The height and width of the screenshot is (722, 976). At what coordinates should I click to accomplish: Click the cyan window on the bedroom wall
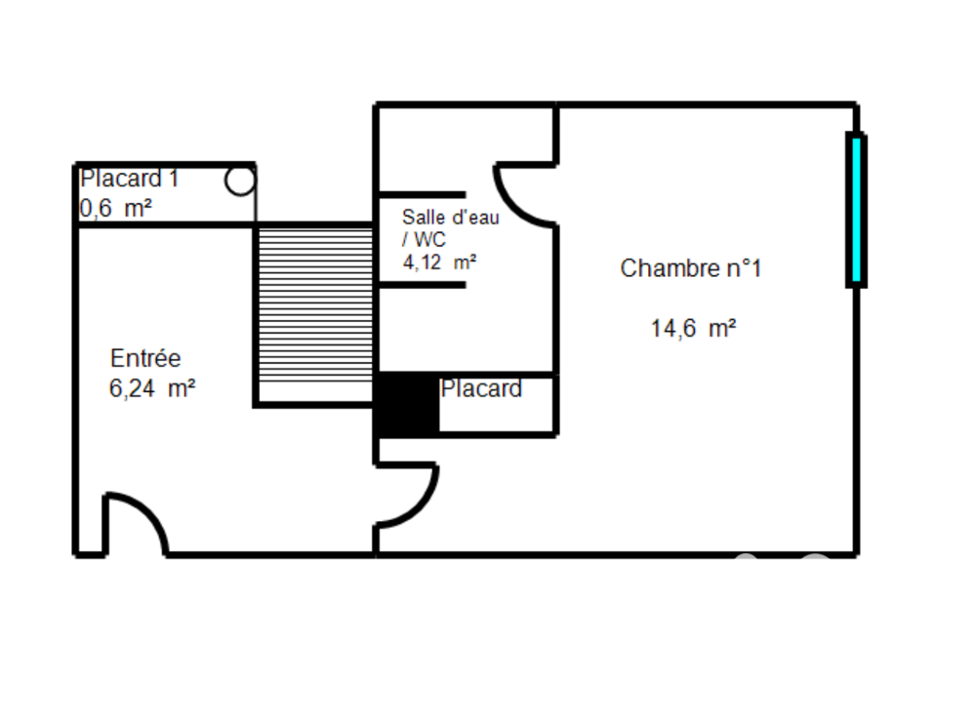click(x=856, y=210)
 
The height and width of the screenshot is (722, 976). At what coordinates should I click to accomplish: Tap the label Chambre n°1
click(x=690, y=268)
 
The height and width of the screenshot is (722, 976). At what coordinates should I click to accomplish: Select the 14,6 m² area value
click(x=693, y=329)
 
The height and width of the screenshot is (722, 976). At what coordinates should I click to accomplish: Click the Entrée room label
click(x=145, y=358)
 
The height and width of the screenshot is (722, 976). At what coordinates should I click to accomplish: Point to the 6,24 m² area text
click(x=152, y=388)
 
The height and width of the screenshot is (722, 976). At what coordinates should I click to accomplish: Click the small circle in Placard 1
click(x=239, y=180)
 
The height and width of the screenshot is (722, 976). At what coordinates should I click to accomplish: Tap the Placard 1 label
click(x=130, y=180)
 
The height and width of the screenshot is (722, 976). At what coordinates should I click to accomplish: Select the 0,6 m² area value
click(x=115, y=208)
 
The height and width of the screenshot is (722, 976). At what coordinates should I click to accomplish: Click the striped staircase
click(x=315, y=302)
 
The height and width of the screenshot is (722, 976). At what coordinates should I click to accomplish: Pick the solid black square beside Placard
click(x=407, y=405)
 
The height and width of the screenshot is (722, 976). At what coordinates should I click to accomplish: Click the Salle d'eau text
click(x=450, y=218)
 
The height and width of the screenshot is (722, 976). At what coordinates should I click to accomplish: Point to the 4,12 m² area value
click(x=439, y=261)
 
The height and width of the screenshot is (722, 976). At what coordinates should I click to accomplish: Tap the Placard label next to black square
click(x=481, y=389)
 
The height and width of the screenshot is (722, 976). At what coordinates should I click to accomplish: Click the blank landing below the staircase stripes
click(x=315, y=392)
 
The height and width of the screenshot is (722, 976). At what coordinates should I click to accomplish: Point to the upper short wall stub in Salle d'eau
click(x=421, y=194)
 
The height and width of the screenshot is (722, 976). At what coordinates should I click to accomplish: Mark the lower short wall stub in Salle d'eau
click(x=421, y=285)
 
